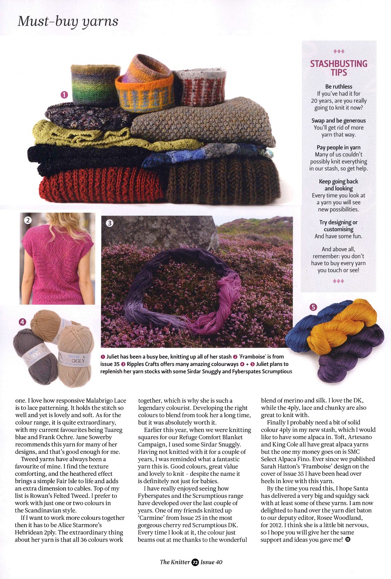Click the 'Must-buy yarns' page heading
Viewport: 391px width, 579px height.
coord(68,21)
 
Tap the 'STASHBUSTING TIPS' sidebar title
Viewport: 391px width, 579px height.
coord(338,68)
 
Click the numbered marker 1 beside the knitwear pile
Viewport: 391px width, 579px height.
coord(64,95)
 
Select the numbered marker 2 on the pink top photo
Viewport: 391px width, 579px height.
coord(28,220)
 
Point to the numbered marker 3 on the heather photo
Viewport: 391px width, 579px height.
coord(109,223)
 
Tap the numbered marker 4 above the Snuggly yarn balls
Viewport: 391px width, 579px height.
coord(22,322)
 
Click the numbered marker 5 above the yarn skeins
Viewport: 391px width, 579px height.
coord(313,307)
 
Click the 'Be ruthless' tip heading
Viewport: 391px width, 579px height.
coord(338,86)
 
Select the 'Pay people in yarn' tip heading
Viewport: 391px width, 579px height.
coord(338,148)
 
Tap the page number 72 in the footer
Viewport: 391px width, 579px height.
coord(195,562)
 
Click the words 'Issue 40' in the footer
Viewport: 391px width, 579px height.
coord(211,562)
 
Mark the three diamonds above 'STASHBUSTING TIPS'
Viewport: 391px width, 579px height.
coord(338,51)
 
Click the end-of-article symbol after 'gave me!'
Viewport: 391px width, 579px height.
coord(347,540)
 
